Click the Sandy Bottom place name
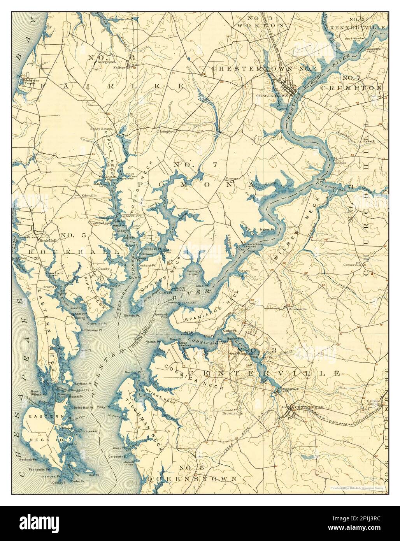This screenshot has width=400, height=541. [x=101, y=129]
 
